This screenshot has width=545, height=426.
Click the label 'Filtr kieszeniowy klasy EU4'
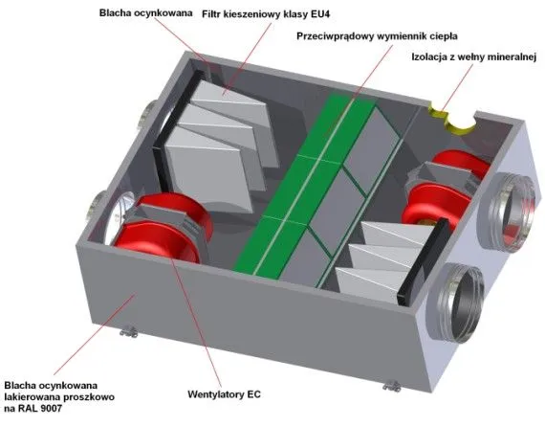266,14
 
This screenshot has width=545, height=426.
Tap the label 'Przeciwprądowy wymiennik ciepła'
377,36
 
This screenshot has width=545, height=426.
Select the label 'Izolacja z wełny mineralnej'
474,56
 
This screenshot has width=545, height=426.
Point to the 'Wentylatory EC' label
224,394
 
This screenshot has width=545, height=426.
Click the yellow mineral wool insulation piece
452,119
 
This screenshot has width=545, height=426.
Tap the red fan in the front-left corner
163,226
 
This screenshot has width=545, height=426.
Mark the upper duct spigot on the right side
508,212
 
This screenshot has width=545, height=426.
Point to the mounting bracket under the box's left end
129,331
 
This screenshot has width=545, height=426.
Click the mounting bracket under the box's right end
392,386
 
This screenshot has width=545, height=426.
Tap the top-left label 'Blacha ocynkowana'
145,12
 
